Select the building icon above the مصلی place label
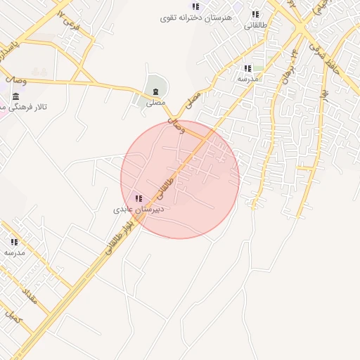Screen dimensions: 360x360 155,91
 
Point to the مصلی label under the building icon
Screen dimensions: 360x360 155,103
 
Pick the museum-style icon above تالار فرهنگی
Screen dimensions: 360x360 15,95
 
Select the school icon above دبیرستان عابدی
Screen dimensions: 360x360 138,198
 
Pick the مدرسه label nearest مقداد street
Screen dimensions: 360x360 14,252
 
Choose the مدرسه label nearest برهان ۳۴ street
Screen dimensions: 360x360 247,79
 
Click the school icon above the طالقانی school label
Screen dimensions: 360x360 255,14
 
